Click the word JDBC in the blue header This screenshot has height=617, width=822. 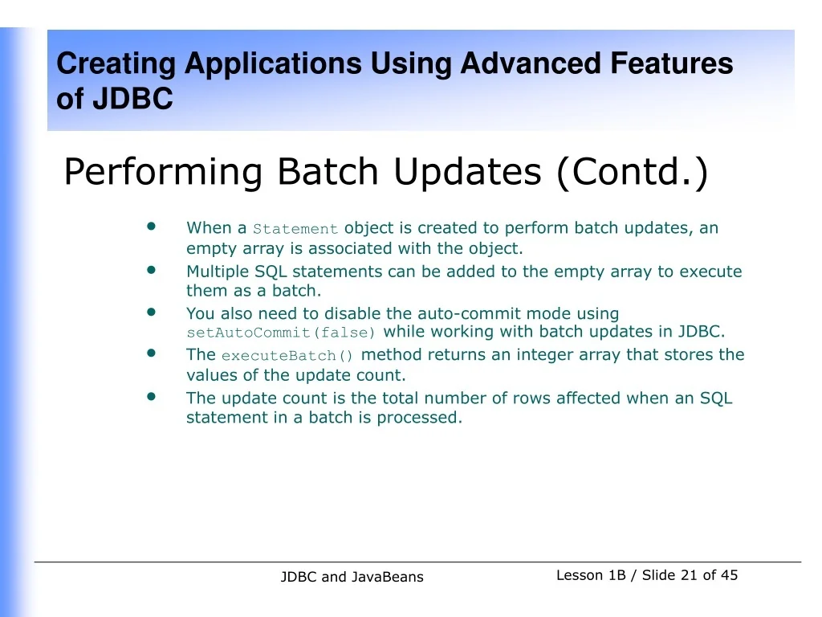pyautogui.click(x=132, y=98)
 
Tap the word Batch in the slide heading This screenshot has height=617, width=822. pyautogui.click(x=328, y=172)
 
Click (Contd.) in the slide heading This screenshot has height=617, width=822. pyautogui.click(x=632, y=172)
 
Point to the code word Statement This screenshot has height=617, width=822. pyautogui.click(x=295, y=229)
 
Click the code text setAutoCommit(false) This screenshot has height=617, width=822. pyautogui.click(x=281, y=333)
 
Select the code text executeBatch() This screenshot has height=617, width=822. pyautogui.click(x=287, y=356)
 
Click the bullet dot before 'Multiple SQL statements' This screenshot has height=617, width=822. pyautogui.click(x=152, y=270)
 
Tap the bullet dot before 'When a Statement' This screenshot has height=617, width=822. pyautogui.click(x=152, y=227)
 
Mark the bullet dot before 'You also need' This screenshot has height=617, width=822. pyautogui.click(x=152, y=312)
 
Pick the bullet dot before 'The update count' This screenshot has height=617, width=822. pyautogui.click(x=152, y=396)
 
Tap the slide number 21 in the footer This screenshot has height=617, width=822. pyautogui.click(x=689, y=575)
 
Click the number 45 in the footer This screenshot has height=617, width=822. pyautogui.click(x=729, y=575)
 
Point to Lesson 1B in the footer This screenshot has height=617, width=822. pyautogui.click(x=591, y=575)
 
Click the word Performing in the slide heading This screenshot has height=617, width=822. pyautogui.click(x=162, y=173)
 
